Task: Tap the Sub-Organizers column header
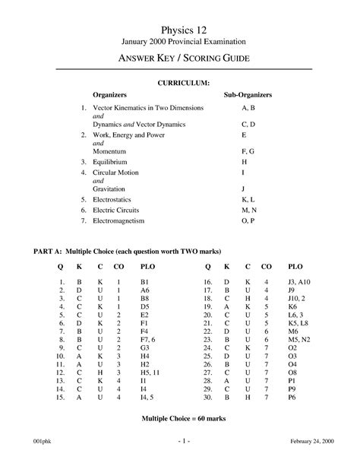247,95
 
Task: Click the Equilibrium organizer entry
109,162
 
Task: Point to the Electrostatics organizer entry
113,198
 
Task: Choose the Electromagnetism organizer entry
121,220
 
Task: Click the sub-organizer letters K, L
247,198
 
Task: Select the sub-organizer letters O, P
247,220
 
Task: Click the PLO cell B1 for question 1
144,283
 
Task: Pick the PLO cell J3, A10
300,283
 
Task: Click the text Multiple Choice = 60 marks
180,419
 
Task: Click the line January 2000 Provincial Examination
180,40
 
